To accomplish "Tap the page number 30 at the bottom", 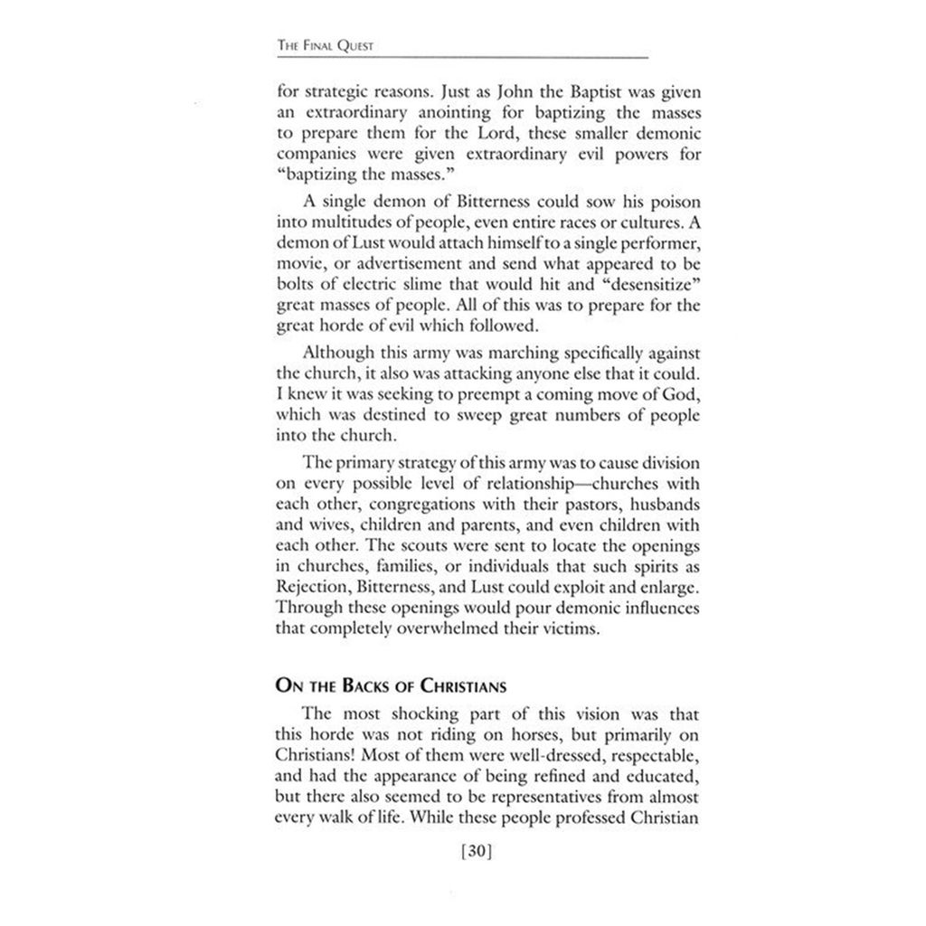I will click(x=475, y=851).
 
